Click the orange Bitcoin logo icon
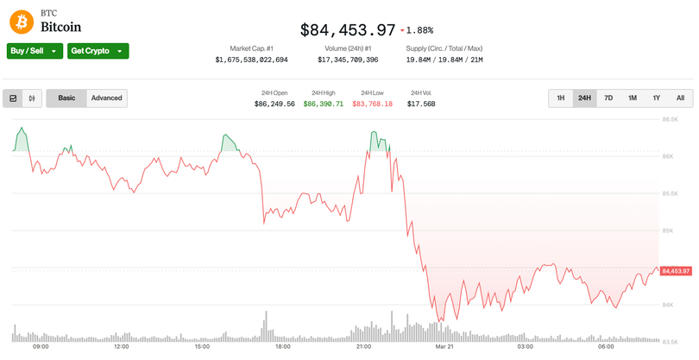[21, 20]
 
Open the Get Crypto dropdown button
[98, 51]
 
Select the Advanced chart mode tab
[107, 98]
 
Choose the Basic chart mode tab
[66, 98]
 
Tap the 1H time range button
[560, 98]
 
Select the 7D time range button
[608, 98]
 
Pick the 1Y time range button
[656, 98]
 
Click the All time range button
[680, 98]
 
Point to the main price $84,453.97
[347, 30]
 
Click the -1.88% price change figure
[419, 31]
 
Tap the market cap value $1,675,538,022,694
[251, 60]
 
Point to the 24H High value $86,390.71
[323, 104]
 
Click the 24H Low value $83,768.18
[372, 104]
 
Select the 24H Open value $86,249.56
[274, 104]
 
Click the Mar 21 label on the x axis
[444, 347]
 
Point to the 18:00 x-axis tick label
[282, 347]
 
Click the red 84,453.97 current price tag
[677, 271]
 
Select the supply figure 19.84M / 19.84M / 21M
[444, 60]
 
